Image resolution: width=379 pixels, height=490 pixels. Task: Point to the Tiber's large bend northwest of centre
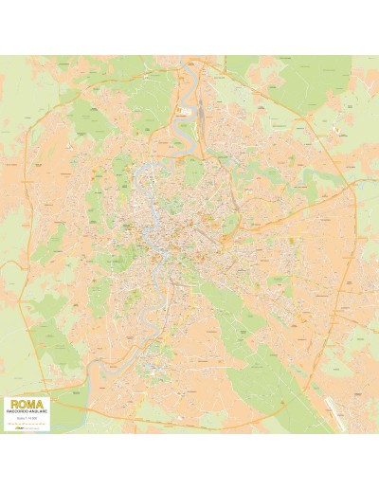coord(142,176)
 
